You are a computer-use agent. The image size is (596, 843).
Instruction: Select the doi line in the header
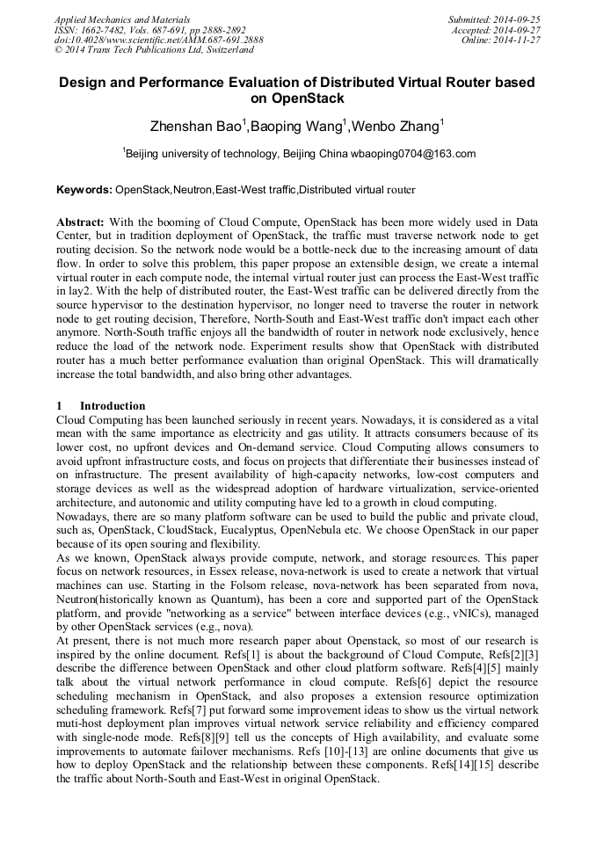pos(158,40)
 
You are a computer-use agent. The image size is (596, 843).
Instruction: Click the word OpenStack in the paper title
pos(297,98)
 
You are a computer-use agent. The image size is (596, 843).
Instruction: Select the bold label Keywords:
pos(84,190)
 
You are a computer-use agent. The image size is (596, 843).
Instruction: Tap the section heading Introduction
pos(113,406)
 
